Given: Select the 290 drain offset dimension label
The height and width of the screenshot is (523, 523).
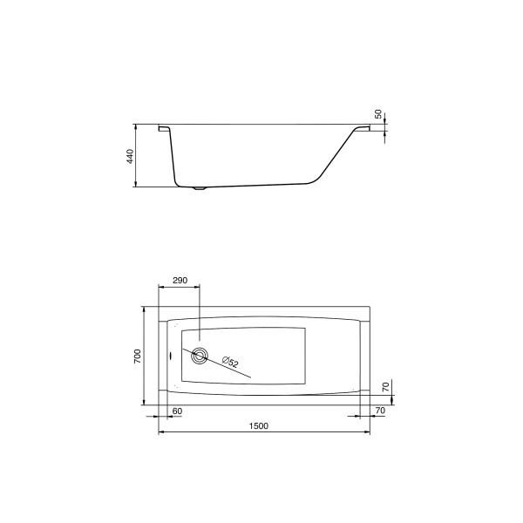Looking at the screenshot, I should pos(180,281).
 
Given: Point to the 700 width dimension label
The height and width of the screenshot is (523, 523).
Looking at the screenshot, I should pos(137,356).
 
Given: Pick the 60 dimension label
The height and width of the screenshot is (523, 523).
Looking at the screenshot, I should pos(177,410).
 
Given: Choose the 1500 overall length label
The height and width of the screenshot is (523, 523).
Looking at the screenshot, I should pos(258,425).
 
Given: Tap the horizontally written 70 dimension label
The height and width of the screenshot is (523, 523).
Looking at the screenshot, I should pos(380,410).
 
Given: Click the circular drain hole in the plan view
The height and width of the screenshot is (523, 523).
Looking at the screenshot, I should pos(200,355).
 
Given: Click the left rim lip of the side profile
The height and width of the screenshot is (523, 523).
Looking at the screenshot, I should pos(164,129).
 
